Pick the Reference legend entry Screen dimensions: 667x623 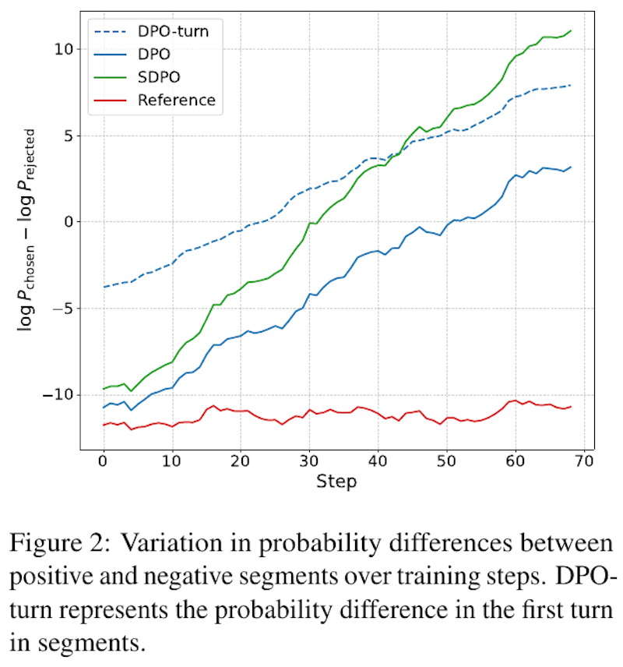pyautogui.click(x=176, y=100)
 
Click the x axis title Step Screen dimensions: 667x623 pyautogui.click(x=336, y=481)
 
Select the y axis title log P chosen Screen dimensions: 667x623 pyautogui.click(x=26, y=230)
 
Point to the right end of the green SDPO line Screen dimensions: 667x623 pyautogui.click(x=571, y=31)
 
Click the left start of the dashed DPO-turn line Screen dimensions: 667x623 pyautogui.click(x=104, y=287)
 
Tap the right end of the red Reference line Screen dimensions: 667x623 pyautogui.click(x=571, y=407)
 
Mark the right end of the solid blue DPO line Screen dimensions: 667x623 pyautogui.click(x=571, y=167)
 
